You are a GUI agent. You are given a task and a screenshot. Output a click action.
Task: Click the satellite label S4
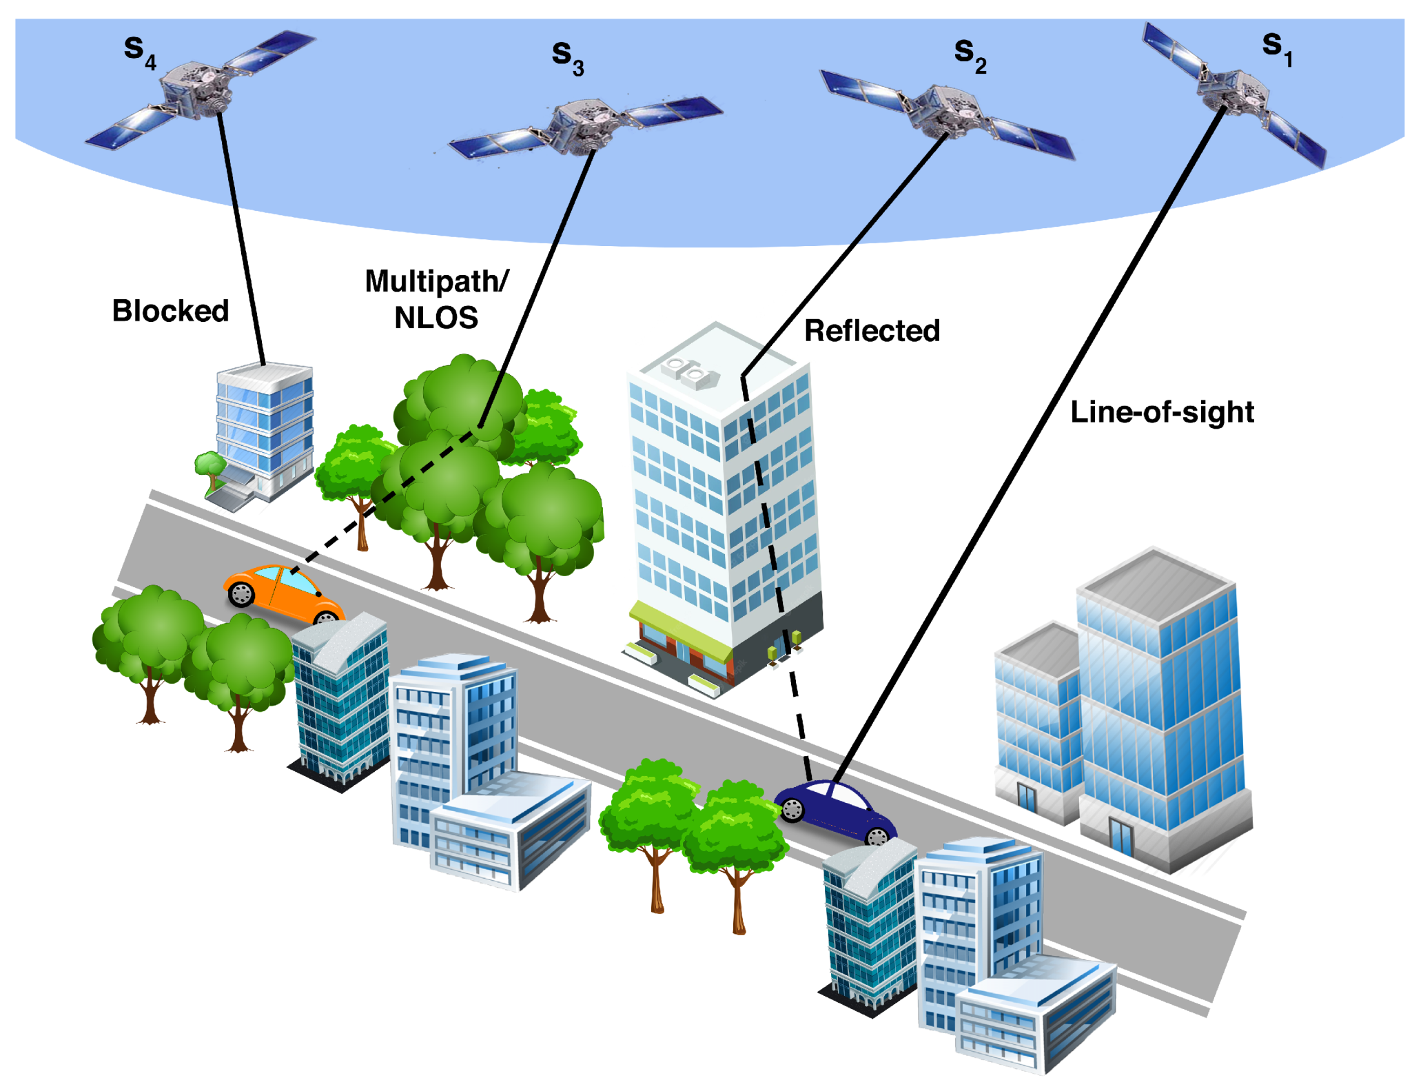(x=140, y=52)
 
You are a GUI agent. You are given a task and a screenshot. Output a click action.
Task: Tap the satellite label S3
(x=568, y=57)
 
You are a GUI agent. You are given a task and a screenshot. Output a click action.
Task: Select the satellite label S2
(x=970, y=54)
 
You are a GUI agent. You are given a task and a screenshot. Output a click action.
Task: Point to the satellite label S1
(x=1277, y=48)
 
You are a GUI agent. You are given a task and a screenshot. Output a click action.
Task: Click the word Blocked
(x=170, y=311)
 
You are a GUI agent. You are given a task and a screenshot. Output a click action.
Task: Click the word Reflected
(x=872, y=331)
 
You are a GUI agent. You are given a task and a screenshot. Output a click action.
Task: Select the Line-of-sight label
(x=1162, y=412)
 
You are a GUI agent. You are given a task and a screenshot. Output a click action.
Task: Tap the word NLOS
(x=436, y=318)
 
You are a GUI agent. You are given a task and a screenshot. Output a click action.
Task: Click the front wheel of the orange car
(x=241, y=594)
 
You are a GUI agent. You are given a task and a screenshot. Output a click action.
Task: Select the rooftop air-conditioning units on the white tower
(x=690, y=372)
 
